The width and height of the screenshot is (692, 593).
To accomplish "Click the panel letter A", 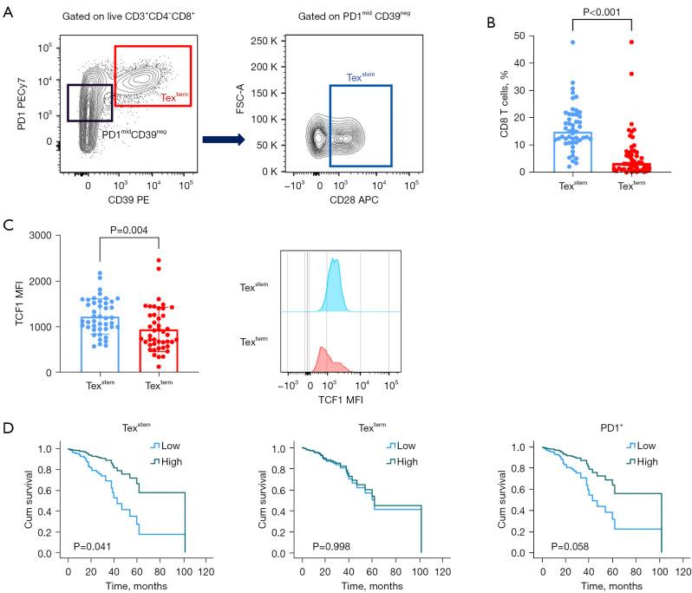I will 10,11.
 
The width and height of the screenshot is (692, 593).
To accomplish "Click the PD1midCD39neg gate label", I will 135,132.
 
